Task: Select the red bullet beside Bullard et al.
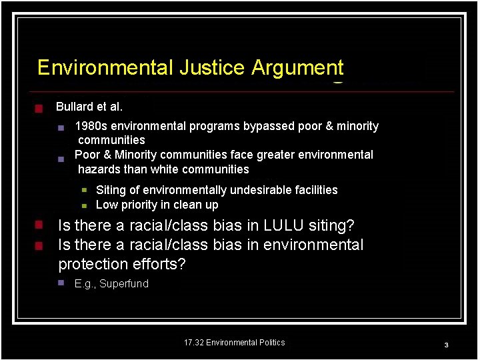tap(39, 108)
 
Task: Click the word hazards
tap(97, 169)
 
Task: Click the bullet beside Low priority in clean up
tap(85, 205)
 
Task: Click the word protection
tap(90, 264)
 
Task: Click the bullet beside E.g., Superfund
tap(60, 283)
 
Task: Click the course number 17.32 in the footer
tap(193, 343)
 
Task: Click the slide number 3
tap(446, 345)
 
